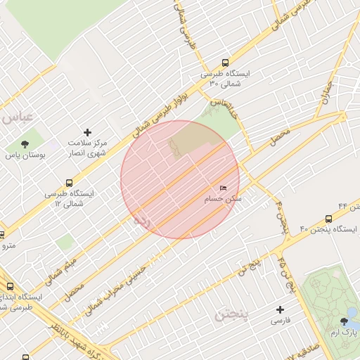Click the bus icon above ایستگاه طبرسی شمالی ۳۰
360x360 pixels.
(225, 63)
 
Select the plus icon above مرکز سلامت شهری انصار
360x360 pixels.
(87, 132)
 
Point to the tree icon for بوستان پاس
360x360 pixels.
(25, 143)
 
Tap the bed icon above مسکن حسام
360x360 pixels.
(223, 188)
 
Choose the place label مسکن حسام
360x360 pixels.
(223, 200)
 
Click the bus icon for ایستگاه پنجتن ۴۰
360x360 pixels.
(328, 219)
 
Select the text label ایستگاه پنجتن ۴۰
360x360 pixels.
(329, 230)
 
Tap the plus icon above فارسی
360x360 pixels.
(281, 309)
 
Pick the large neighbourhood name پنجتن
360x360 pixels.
(232, 314)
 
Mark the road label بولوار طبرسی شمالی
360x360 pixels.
(162, 108)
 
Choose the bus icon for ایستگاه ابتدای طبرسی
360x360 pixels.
(10, 286)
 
